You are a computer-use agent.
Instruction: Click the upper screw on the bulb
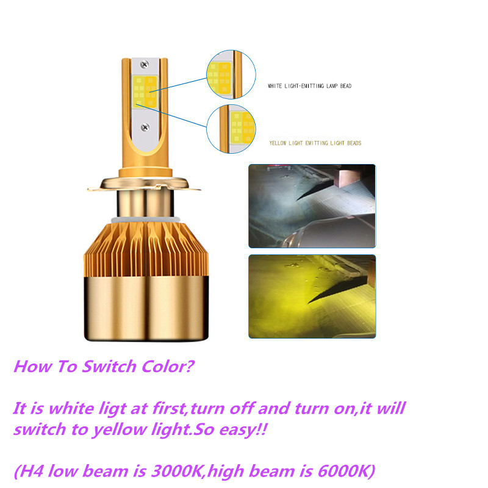click(145, 65)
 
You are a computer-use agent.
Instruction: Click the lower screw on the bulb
click(145, 127)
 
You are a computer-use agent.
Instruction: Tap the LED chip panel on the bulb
click(145, 92)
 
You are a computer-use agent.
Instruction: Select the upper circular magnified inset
click(231, 74)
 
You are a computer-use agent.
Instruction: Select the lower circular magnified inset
click(231, 129)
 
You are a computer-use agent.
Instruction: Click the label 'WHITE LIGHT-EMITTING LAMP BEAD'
click(310, 86)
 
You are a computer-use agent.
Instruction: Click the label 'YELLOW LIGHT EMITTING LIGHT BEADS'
click(315, 143)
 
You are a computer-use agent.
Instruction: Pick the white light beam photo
click(312, 206)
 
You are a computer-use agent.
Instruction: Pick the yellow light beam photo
click(312, 296)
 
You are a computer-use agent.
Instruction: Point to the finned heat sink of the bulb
click(146, 249)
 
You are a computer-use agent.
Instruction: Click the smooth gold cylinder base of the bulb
click(146, 308)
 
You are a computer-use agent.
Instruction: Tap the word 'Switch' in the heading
click(109, 367)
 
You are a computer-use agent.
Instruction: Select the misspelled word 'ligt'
click(112, 409)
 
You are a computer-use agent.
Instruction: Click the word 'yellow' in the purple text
click(120, 431)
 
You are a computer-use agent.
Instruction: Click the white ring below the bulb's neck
click(145, 220)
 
